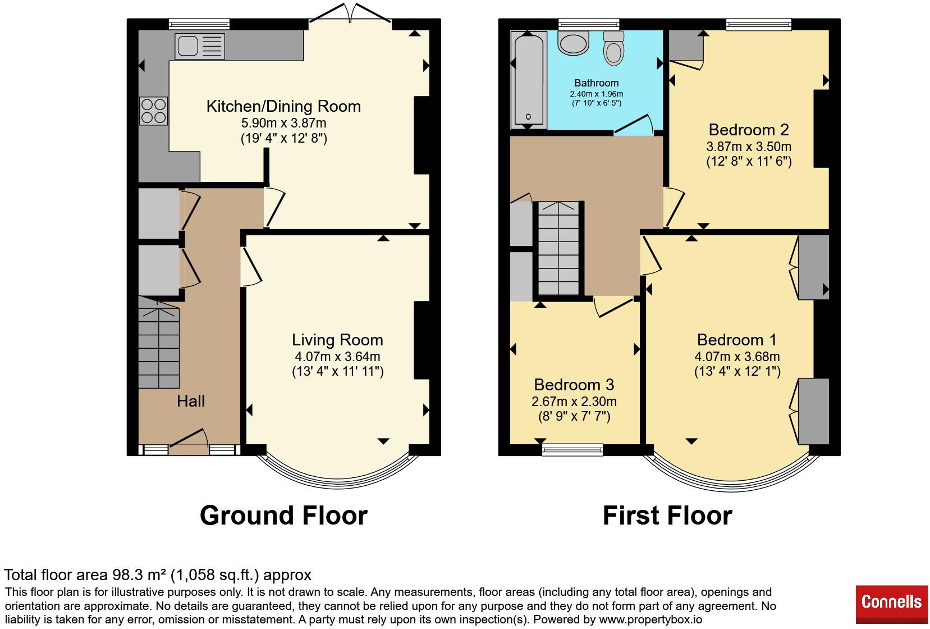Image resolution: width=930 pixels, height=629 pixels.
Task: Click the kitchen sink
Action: (200, 46)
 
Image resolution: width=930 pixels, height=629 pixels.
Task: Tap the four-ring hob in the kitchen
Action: (153, 111)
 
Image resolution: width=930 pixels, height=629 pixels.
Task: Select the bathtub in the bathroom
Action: (529, 79)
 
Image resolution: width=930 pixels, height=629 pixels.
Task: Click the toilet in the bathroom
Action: (613, 48)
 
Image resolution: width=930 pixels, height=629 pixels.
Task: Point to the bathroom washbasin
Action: (574, 43)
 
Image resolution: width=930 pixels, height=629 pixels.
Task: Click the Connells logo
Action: (891, 604)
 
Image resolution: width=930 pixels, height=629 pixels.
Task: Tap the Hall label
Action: (191, 401)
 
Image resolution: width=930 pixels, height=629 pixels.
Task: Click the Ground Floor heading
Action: (283, 516)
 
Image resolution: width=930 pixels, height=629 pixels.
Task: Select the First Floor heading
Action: (667, 516)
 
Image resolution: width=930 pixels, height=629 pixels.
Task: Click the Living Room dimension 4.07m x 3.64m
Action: (337, 357)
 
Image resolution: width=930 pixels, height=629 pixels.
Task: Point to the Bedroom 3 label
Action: (574, 385)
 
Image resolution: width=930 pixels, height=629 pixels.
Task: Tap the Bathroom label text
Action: (596, 83)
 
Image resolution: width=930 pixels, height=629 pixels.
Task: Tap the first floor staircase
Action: (558, 248)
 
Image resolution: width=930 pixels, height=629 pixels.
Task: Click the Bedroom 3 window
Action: (572, 450)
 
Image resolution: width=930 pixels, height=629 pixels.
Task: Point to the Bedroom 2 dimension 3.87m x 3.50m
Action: (749, 147)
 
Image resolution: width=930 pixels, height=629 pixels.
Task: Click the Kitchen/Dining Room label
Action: (283, 106)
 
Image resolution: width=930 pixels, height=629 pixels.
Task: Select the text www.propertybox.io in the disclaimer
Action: (650, 619)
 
